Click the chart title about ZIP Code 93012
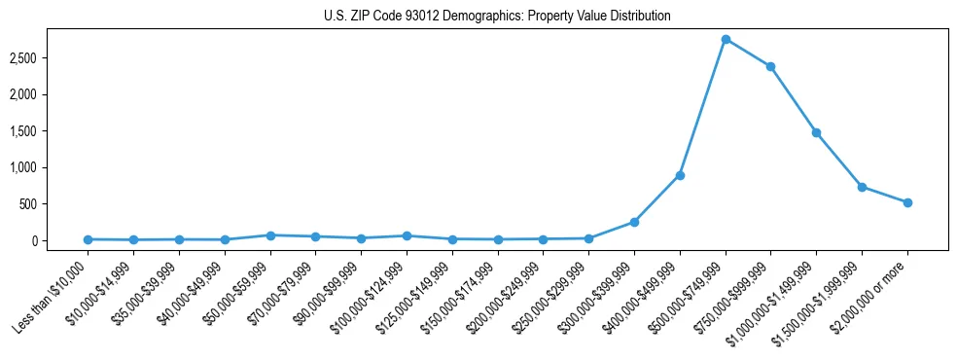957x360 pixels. click(497, 17)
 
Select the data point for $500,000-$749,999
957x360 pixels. click(726, 39)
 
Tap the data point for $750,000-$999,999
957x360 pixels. click(771, 66)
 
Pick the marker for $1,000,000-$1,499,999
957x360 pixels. click(816, 132)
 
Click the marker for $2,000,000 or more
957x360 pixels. click(907, 202)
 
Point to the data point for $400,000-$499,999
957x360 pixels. click(680, 175)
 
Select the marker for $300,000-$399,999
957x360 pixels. click(634, 222)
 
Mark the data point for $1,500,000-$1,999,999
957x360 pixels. click(862, 187)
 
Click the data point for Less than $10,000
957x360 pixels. click(88, 239)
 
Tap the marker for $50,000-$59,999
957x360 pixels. click(270, 235)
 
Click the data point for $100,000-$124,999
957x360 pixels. click(407, 235)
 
